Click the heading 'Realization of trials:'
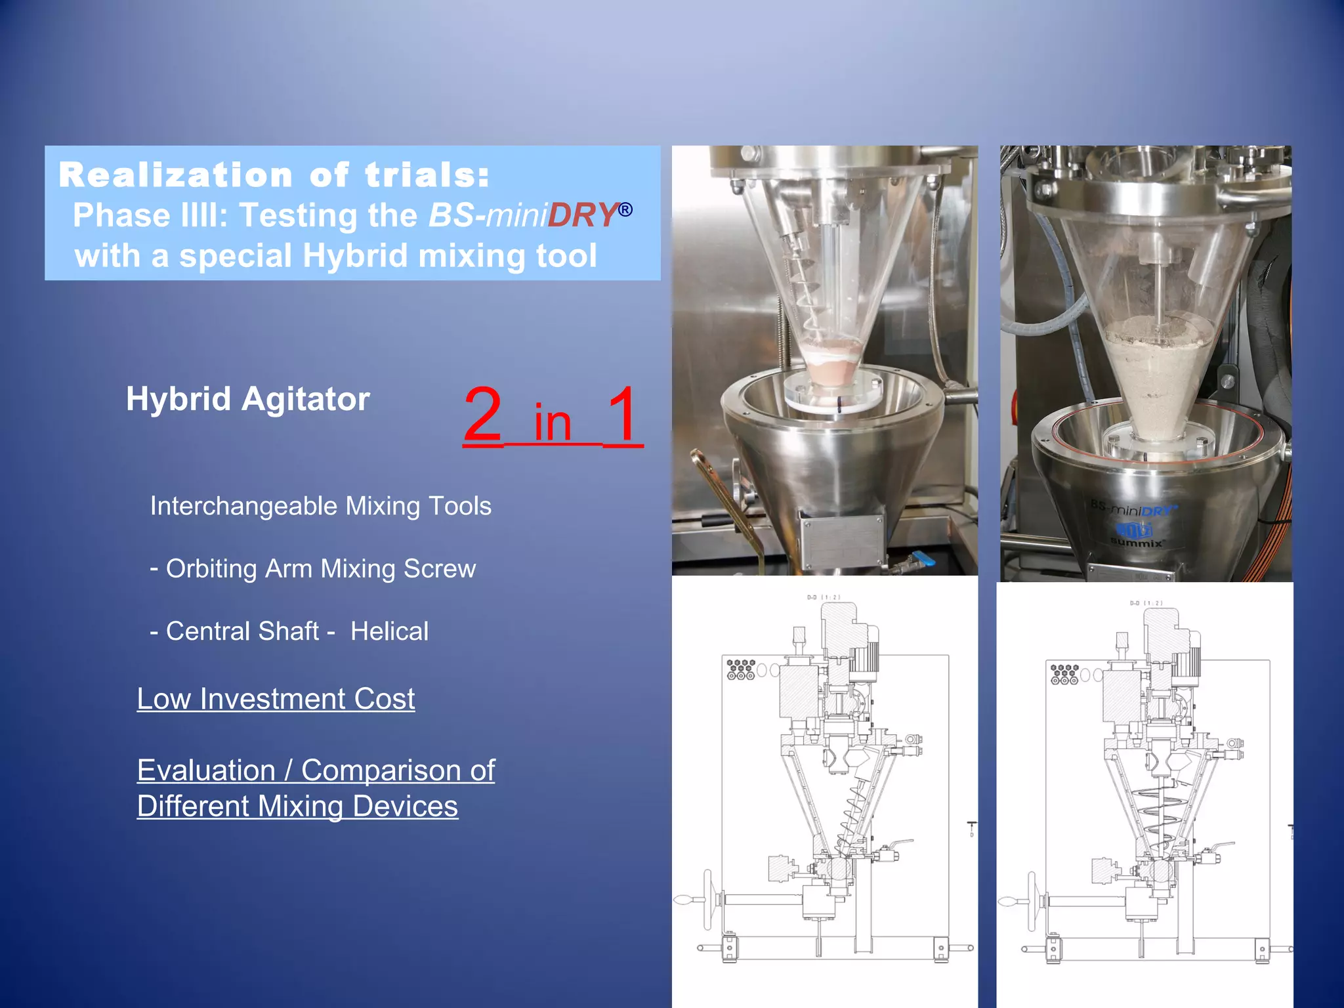(274, 175)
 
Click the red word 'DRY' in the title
(581, 215)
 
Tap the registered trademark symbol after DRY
(625, 209)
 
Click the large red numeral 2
(483, 415)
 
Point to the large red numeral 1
(622, 415)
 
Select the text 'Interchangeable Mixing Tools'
(320, 506)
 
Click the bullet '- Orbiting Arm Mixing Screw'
(313, 568)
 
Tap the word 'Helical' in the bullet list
(389, 631)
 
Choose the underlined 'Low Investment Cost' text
(276, 698)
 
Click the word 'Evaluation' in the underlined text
(206, 770)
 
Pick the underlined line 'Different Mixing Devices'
(297, 806)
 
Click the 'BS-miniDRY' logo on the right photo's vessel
(1134, 509)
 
